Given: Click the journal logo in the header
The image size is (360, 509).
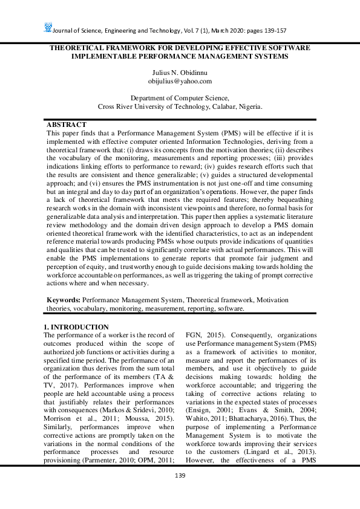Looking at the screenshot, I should pos(48,27).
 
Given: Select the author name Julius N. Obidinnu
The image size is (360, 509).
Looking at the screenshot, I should pos(180,72).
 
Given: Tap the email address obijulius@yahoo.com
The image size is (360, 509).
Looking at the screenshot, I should pos(180,80).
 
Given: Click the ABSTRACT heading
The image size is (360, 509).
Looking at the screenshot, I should pos(67,124).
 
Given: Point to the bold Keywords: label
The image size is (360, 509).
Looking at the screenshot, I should pos(64,300).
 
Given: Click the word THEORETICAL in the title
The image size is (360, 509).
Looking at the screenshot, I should pos(81,47).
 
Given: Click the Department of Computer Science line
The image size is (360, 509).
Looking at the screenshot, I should pos(180,97).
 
